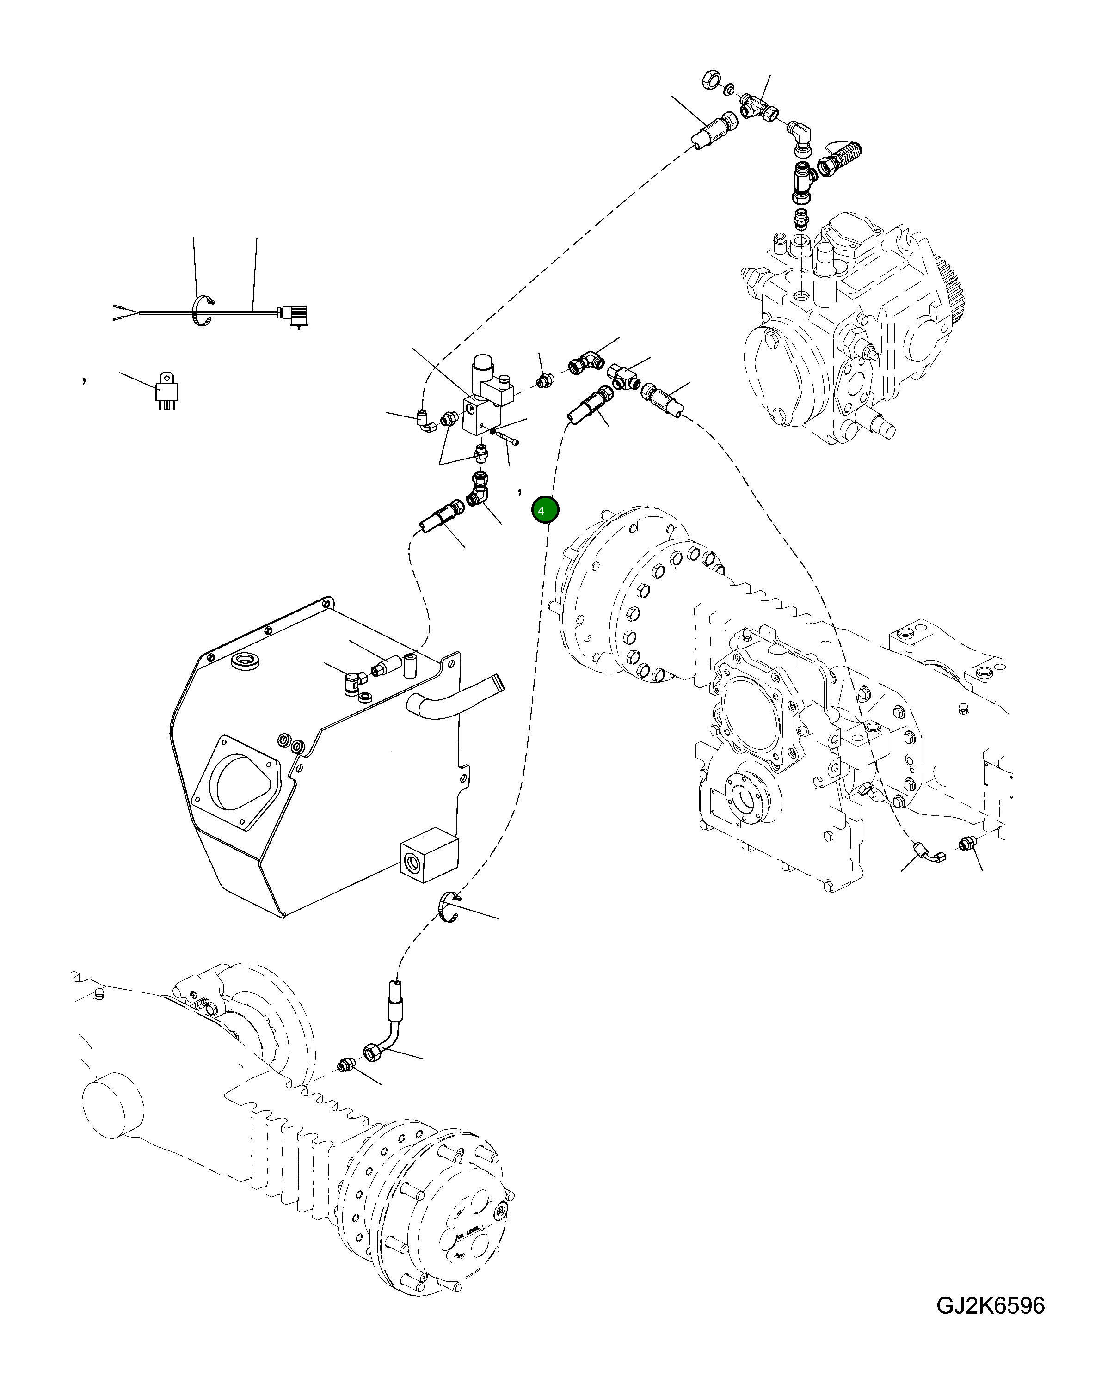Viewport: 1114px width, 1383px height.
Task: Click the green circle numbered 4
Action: coord(545,511)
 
